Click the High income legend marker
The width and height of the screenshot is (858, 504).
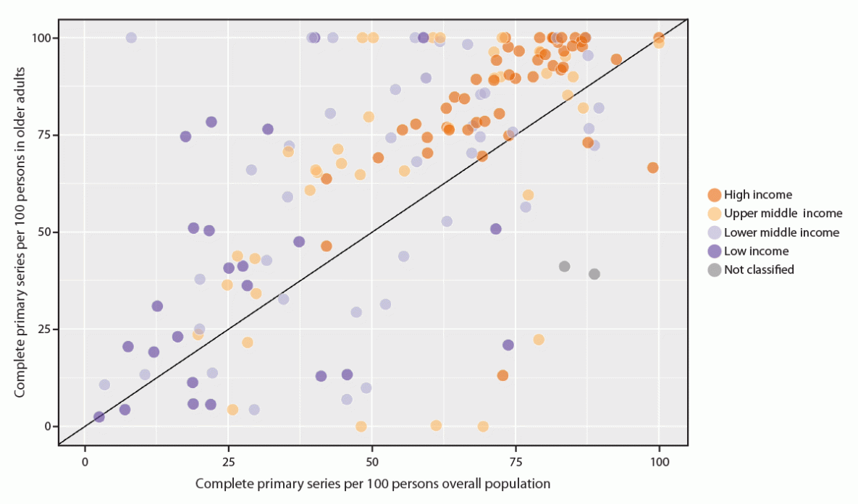(x=715, y=195)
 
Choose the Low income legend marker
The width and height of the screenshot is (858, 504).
(x=715, y=251)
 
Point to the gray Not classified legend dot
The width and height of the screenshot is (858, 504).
(x=715, y=270)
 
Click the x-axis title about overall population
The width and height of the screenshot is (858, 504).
(x=373, y=483)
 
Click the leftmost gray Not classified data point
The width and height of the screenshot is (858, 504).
(x=565, y=266)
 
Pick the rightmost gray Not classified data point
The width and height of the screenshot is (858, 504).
(x=594, y=274)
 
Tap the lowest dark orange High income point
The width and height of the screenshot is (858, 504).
(x=502, y=375)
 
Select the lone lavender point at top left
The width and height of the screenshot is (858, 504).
(x=131, y=38)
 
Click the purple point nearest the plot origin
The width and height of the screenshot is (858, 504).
(x=99, y=416)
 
